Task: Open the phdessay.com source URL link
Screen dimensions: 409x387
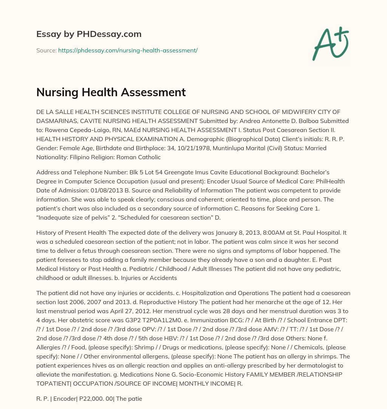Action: [128, 50]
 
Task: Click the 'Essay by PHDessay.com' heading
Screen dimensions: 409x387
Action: [89, 34]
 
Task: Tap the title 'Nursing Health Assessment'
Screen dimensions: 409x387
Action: [111, 92]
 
